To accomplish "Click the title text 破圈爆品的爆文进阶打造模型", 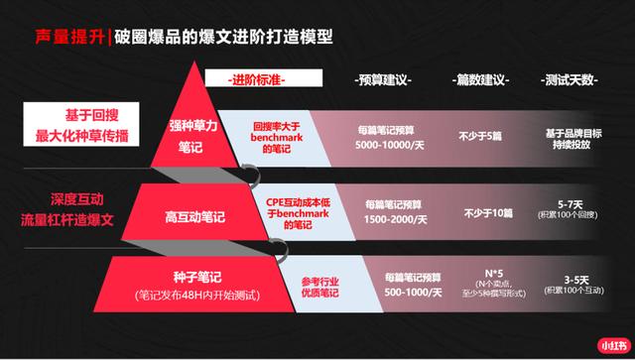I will point(223,38).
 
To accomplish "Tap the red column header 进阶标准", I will point(255,78).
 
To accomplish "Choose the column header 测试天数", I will point(572,78).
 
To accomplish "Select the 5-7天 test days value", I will point(573,200).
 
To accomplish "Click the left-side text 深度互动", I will point(67,197).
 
